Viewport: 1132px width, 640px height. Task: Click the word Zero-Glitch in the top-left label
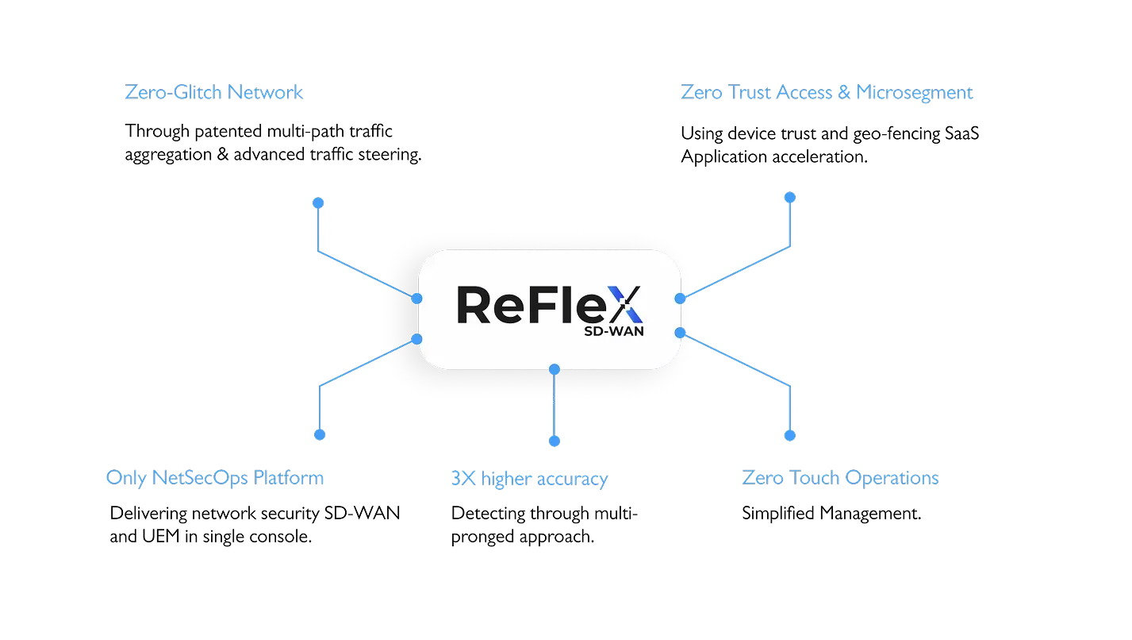click(x=173, y=93)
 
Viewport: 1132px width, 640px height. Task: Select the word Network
click(x=265, y=93)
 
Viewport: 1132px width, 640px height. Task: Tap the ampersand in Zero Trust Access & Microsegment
click(x=843, y=93)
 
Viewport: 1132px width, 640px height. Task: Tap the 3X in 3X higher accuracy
click(x=463, y=479)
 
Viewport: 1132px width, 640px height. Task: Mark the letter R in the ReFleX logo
click(x=477, y=305)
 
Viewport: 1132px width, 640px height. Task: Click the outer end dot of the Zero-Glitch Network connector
click(x=318, y=203)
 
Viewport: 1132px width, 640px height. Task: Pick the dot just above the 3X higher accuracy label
click(x=554, y=441)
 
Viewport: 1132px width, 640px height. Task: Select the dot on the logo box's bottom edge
click(x=554, y=369)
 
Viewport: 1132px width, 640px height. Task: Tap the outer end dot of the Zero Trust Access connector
click(x=790, y=197)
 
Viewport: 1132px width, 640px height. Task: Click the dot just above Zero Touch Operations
click(x=790, y=435)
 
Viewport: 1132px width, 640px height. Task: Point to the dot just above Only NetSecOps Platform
click(x=319, y=434)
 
